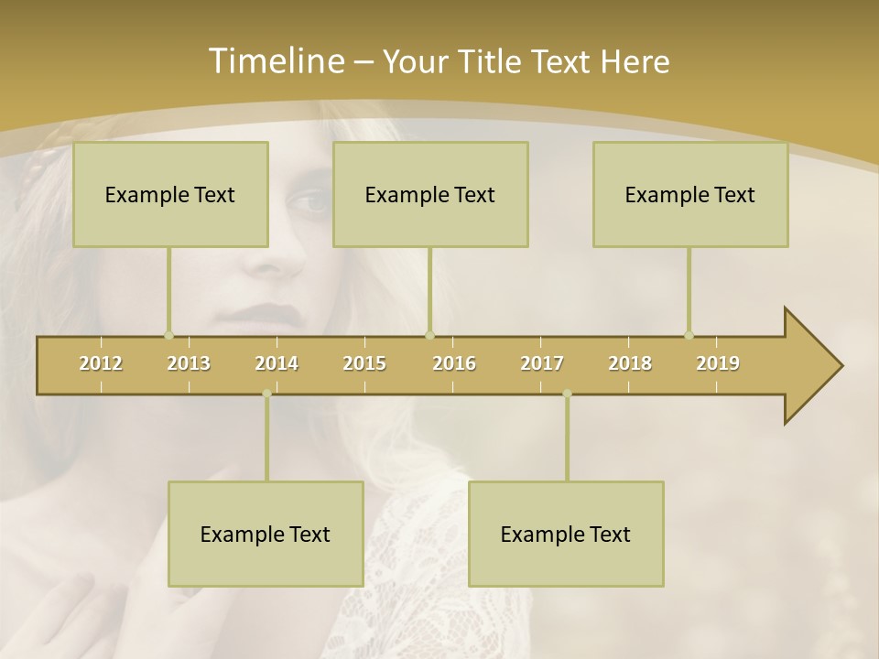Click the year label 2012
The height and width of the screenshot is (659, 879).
101,363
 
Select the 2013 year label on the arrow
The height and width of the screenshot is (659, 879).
189,363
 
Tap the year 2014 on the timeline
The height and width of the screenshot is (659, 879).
277,363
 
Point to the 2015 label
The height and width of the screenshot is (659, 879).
364,363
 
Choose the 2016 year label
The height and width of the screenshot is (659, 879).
454,363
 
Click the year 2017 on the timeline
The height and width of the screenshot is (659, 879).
542,363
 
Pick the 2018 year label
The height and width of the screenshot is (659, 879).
630,363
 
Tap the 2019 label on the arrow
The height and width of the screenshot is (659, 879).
718,363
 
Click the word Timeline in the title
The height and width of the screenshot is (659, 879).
275,61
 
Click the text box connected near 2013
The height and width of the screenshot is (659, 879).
170,194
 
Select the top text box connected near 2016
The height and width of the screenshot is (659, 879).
430,194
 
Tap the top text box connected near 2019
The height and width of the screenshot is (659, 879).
690,194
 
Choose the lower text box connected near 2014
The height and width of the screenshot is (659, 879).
266,534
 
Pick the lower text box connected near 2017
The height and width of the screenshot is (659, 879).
566,534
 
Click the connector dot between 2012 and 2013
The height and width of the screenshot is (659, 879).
168,335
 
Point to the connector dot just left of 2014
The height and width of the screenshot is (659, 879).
266,394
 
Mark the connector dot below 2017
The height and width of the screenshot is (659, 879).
567,394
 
